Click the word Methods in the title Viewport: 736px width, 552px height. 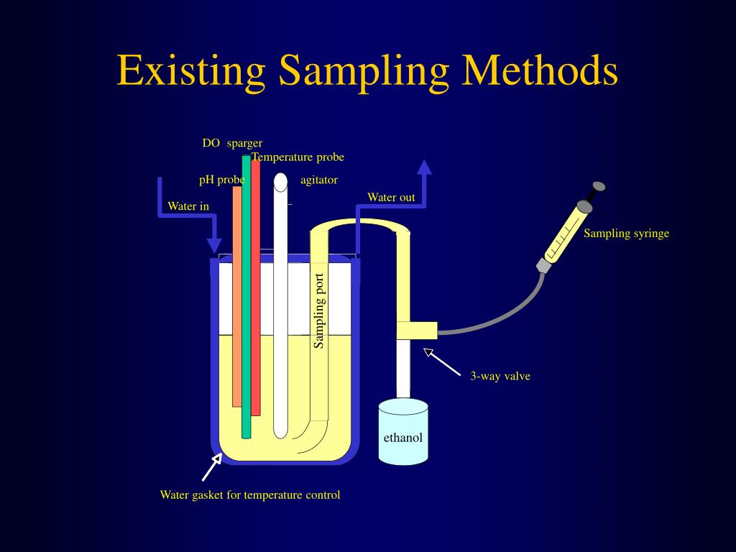coord(540,70)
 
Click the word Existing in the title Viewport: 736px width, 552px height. coord(193,70)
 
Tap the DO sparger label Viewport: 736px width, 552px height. coord(232,143)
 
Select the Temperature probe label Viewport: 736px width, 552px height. coord(298,157)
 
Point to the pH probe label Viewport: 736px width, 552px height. coord(221,180)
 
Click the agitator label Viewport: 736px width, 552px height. coord(318,180)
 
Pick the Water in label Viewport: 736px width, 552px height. coord(188,206)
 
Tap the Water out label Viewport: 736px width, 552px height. coord(391,197)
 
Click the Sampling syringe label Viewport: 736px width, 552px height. coord(626,233)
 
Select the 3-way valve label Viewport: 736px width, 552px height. coord(500,375)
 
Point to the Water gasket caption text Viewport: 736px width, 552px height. coord(249,494)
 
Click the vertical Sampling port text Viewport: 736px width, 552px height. coord(320,310)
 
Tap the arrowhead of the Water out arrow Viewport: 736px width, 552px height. coord(424,167)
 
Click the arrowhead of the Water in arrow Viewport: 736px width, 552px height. coord(213,245)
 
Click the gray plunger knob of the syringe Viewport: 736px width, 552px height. coord(599,187)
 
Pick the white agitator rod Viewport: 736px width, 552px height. coord(280,309)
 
